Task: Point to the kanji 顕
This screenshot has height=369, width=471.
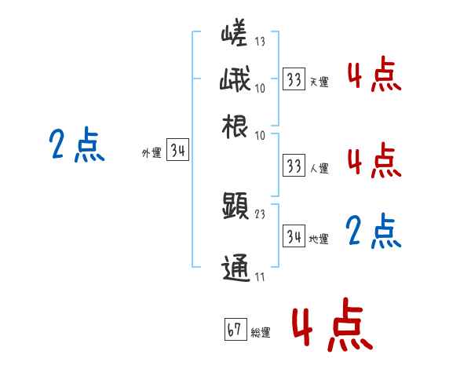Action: (x=235, y=206)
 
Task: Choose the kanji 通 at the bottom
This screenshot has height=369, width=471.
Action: (x=235, y=267)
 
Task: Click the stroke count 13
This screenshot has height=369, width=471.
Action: (x=260, y=42)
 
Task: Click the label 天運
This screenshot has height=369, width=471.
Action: (x=318, y=82)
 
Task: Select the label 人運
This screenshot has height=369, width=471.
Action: (x=319, y=168)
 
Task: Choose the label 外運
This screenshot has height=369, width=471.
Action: (x=152, y=154)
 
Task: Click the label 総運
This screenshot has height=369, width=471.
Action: (x=260, y=333)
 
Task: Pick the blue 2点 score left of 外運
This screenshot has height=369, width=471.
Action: (x=76, y=146)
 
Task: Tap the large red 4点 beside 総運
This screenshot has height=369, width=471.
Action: (x=331, y=324)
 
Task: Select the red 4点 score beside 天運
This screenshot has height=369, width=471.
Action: (x=373, y=76)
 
